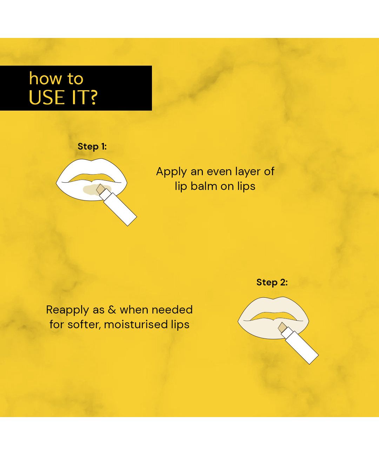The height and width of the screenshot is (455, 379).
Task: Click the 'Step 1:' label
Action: [x=92, y=147]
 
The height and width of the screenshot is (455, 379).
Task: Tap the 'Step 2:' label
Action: [x=272, y=282]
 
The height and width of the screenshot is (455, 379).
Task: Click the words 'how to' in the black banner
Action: [x=56, y=78]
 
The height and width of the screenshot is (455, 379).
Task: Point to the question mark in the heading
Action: [x=93, y=97]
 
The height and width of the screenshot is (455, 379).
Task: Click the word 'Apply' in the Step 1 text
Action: [x=172, y=172]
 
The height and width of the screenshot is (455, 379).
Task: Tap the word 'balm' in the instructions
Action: [x=204, y=186]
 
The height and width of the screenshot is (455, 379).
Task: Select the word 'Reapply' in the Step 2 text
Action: [x=67, y=310]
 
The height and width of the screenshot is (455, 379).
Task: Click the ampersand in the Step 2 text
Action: [x=112, y=310]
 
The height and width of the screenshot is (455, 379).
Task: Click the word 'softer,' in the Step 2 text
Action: [x=84, y=324]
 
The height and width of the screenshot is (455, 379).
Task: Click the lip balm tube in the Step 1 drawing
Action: [x=118, y=207]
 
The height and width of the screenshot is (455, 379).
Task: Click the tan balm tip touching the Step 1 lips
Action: [x=101, y=189]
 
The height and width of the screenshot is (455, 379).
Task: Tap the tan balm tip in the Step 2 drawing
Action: [x=282, y=328]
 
